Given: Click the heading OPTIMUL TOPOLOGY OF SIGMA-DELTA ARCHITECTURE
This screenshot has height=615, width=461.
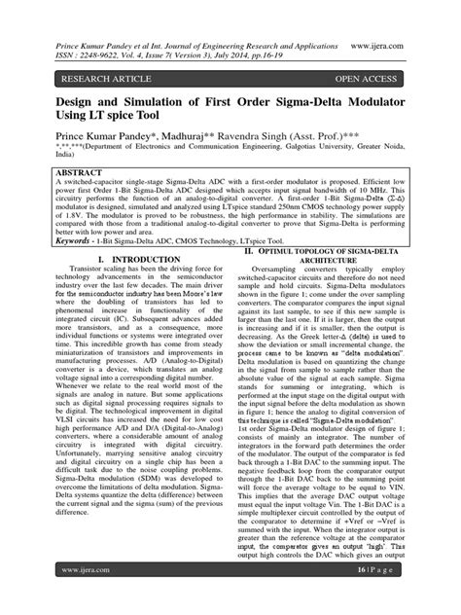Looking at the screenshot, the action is (335, 256).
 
